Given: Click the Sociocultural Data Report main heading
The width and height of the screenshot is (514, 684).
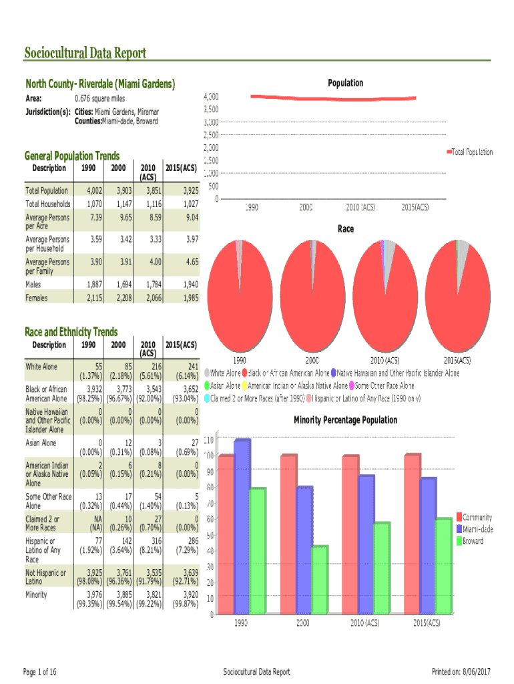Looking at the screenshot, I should click(x=85, y=53).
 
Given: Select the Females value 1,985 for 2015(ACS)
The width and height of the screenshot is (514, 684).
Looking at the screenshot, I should click(x=188, y=298).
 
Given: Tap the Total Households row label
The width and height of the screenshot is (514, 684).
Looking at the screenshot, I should click(x=47, y=204).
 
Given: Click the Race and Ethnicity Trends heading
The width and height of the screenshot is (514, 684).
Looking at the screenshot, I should click(x=71, y=332).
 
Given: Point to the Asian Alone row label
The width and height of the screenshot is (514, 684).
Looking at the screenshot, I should click(x=41, y=443).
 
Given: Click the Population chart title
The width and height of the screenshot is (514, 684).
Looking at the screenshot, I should click(x=345, y=83).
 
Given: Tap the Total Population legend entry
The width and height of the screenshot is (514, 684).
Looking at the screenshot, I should click(x=472, y=152).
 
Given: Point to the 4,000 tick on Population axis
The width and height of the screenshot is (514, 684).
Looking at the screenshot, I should click(x=210, y=96).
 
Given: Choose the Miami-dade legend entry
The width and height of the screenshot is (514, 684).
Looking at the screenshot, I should click(x=477, y=529).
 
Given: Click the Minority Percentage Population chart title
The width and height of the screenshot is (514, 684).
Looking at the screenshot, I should click(x=345, y=420).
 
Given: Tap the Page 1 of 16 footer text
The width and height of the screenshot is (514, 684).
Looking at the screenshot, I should click(x=39, y=671).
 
